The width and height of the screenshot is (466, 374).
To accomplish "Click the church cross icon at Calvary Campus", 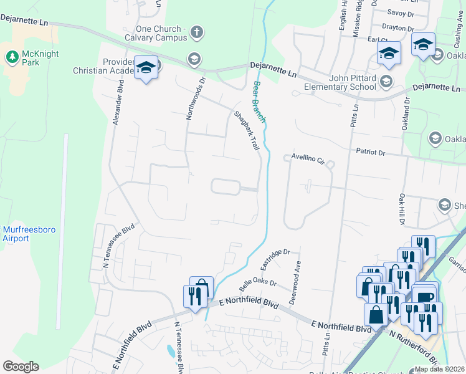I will [196, 32].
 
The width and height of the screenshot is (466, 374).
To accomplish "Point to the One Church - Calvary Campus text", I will [161, 33].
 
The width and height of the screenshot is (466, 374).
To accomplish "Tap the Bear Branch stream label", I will [259, 102].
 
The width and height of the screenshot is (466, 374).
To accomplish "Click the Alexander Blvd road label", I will [118, 104].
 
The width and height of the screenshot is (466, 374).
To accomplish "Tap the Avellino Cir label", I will [308, 160].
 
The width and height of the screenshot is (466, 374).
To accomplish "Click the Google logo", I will [21, 367].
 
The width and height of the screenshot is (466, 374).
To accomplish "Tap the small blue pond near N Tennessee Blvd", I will [171, 351].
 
